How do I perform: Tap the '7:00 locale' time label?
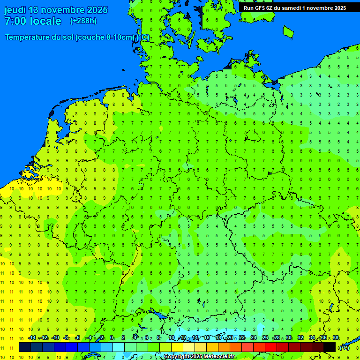(33, 21)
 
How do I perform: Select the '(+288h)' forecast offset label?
(83, 21)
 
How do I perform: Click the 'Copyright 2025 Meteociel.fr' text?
(199, 357)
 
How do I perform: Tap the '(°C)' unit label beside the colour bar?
(344, 347)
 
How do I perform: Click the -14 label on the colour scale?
(32, 338)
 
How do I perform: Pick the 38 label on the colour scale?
(335, 338)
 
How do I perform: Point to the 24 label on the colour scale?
(254, 338)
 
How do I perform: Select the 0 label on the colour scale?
(112, 338)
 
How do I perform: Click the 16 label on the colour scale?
(207, 338)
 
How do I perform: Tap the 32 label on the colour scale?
(300, 338)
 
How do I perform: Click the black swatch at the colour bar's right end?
(330, 347)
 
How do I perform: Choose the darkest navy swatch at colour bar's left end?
(24, 347)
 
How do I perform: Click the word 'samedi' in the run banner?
(294, 7)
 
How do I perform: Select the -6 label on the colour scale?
(78, 338)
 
